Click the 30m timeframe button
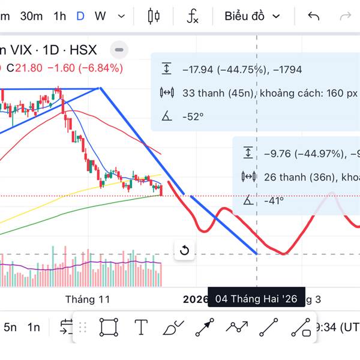pyautogui.click(x=31, y=16)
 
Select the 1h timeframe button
pyautogui.click(x=59, y=16)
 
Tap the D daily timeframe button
pyautogui.click(x=80, y=16)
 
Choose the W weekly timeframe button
pyautogui.click(x=100, y=16)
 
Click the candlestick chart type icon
pyautogui.click(x=154, y=16)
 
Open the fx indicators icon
pyautogui.click(x=192, y=16)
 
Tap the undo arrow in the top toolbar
pyautogui.click(x=313, y=16)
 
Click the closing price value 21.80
pyautogui.click(x=29, y=68)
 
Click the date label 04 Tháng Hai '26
pyautogui.click(x=256, y=299)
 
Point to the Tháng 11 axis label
pyautogui.click(x=88, y=299)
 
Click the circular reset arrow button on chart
pyautogui.click(x=184, y=250)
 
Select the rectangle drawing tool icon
pyautogui.click(x=109, y=328)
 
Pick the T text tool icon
pyautogui.click(x=141, y=328)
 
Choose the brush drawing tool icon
pyautogui.click(x=173, y=328)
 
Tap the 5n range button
pyautogui.click(x=10, y=327)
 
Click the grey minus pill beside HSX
pyautogui.click(x=119, y=50)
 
